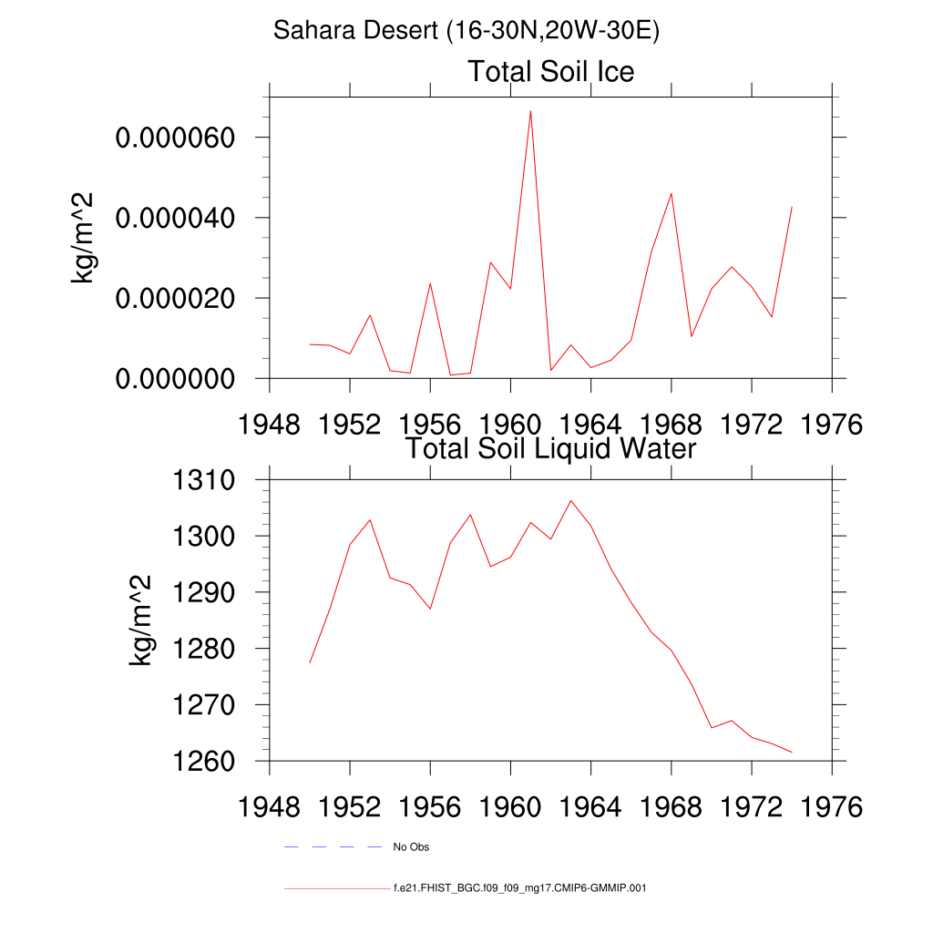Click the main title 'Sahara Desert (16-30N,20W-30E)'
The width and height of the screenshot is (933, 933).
click(x=466, y=31)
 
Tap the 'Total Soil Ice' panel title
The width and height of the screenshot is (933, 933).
click(x=550, y=71)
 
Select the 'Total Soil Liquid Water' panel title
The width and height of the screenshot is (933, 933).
click(x=550, y=448)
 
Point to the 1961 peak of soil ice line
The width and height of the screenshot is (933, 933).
click(x=530, y=110)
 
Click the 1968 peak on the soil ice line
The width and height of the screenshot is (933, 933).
click(x=671, y=193)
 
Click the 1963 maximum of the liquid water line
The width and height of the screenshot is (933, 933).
click(x=571, y=500)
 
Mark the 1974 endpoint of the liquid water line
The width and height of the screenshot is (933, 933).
click(x=792, y=752)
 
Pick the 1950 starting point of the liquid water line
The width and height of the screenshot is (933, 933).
click(x=310, y=662)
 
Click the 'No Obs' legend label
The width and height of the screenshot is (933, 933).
click(x=411, y=847)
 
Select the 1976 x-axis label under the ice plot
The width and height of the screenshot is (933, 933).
click(x=831, y=426)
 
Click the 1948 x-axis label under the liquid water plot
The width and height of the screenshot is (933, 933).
click(x=270, y=808)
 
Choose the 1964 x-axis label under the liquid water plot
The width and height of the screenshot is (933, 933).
click(x=590, y=808)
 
